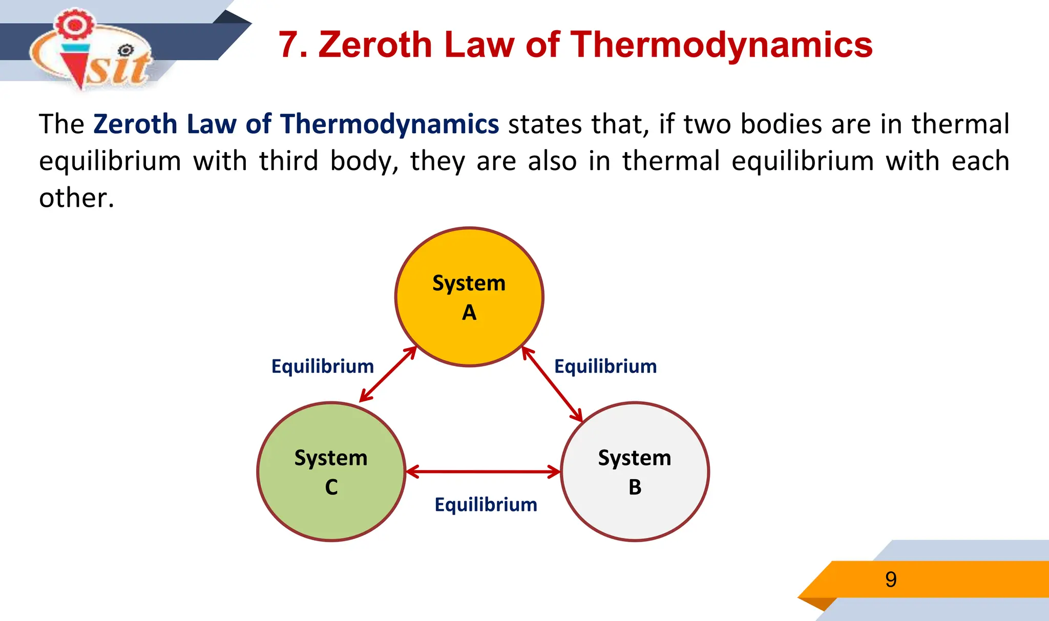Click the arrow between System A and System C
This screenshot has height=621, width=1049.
tap(388, 374)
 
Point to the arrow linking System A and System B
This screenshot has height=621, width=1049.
tap(552, 384)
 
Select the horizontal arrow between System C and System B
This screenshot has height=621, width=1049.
tap(483, 472)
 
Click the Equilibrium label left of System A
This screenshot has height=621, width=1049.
tap(323, 367)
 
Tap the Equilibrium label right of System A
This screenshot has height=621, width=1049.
tap(605, 367)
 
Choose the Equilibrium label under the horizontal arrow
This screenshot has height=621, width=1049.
tap(486, 505)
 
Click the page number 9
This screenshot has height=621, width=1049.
tap(891, 580)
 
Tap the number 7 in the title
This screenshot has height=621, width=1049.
tap(288, 45)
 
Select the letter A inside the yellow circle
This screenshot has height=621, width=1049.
tap(469, 312)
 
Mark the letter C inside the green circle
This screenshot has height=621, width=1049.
tap(331, 487)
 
